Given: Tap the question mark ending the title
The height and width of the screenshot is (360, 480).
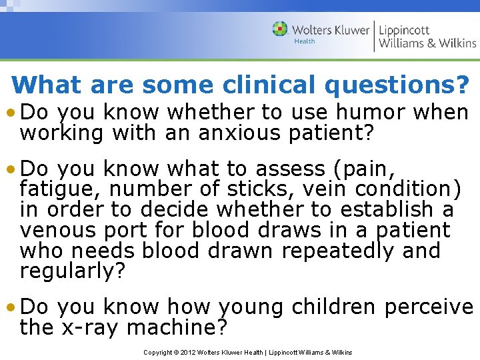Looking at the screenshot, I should coord(461,85).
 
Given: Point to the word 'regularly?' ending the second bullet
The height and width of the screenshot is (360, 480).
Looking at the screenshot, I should coord(73,272).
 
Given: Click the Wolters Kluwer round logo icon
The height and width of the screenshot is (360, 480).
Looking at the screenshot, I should coord(281,29).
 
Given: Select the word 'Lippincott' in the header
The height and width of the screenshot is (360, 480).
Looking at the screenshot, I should coord(405,30).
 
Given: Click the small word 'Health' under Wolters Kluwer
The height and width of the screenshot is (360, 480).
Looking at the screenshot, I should coord(305,41).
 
